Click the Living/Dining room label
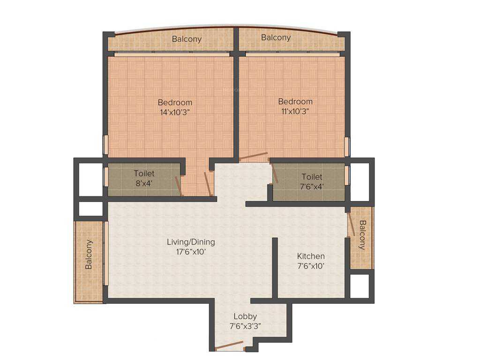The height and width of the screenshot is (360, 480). pyautogui.click(x=191, y=242)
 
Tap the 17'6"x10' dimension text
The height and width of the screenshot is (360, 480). pyautogui.click(x=191, y=252)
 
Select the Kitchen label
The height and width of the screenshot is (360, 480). pyautogui.click(x=311, y=256)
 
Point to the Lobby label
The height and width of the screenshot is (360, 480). pyautogui.click(x=245, y=316)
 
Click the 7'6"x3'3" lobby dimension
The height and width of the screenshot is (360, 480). pyautogui.click(x=245, y=326)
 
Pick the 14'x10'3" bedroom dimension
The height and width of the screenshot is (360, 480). pyautogui.click(x=175, y=112)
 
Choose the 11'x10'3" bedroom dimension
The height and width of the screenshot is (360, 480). pyautogui.click(x=295, y=111)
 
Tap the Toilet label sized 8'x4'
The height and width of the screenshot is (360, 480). pyautogui.click(x=144, y=173)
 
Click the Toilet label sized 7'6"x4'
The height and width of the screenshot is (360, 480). pyautogui.click(x=312, y=177)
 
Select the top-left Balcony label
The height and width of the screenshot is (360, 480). pyautogui.click(x=187, y=39)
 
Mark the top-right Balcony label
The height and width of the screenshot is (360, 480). pyautogui.click(x=276, y=37)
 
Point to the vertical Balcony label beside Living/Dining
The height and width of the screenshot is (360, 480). pyautogui.click(x=89, y=255)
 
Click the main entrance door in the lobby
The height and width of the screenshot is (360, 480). pyautogui.click(x=227, y=346)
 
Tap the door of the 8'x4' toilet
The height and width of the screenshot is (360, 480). pyautogui.click(x=178, y=185)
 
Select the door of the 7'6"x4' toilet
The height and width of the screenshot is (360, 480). pyautogui.click(x=275, y=173)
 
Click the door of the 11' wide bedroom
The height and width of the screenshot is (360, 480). pyautogui.click(x=254, y=157)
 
